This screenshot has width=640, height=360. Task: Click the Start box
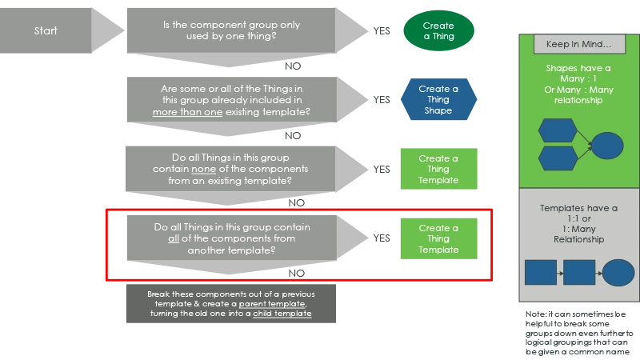(46, 31)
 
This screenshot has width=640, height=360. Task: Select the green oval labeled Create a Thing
(438, 31)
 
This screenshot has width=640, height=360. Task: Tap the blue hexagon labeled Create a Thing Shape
(438, 100)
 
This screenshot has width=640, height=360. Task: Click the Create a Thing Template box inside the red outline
(438, 239)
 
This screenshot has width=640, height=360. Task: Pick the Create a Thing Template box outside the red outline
(438, 169)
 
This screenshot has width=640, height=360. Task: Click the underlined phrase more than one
(184, 113)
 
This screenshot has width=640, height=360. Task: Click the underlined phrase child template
(282, 314)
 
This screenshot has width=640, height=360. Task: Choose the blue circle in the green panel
(607, 146)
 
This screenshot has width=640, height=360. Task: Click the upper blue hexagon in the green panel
(558, 130)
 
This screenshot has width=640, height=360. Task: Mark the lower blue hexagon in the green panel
(558, 158)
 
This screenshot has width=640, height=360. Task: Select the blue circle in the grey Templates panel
(618, 273)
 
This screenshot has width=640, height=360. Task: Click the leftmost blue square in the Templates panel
(541, 273)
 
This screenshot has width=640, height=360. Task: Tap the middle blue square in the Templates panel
(579, 273)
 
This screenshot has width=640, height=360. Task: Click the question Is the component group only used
(231, 30)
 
